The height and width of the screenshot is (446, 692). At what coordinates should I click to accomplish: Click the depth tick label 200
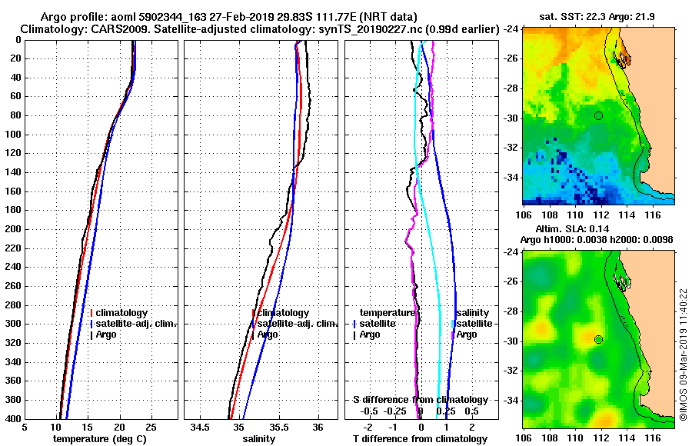(13, 229)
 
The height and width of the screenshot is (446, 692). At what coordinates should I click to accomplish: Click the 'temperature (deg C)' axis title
(99, 439)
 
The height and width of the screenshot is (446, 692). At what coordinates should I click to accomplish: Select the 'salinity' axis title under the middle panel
(259, 439)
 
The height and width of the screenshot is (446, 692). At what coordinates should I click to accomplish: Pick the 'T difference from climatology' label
(420, 439)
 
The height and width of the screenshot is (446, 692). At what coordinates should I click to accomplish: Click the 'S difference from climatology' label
(420, 400)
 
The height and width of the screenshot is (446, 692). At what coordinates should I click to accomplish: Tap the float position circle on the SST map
(598, 115)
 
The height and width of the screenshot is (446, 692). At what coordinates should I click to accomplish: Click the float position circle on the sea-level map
(598, 339)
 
